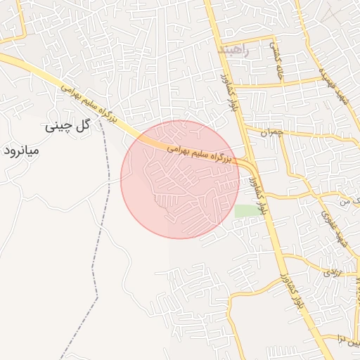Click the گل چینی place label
(69, 127)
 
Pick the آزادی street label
(333, 271)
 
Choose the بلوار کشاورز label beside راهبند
(226, 92)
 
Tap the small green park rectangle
(245, 210)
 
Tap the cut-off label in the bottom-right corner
(349, 339)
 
